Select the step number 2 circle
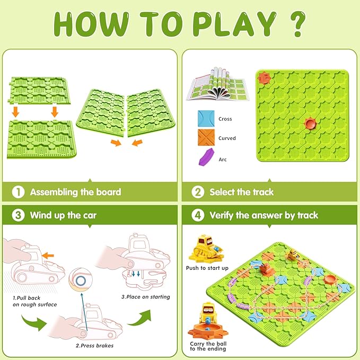tap(197, 192)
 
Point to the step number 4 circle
tap(197, 215)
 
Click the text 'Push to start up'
tap(207, 268)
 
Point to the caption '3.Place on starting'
tap(146, 297)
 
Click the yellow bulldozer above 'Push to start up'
tap(206, 248)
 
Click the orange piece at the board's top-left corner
tap(263, 78)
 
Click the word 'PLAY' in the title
tap(229, 24)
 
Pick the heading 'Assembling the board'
tap(75, 192)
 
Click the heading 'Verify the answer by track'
tap(264, 215)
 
